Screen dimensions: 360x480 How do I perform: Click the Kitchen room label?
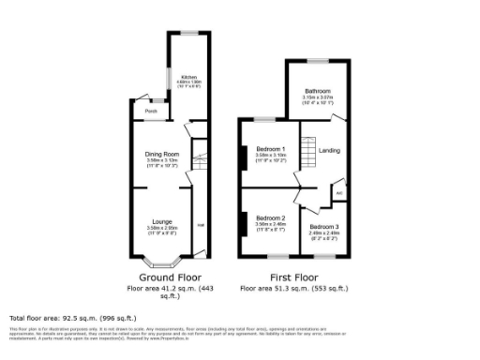(x=189, y=77)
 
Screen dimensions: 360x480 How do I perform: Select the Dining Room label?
(x=161, y=154)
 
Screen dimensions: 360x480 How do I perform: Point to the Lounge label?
(x=161, y=221)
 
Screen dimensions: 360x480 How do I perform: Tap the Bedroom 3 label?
(x=324, y=227)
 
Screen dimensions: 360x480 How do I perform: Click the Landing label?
(x=329, y=151)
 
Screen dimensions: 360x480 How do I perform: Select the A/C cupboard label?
(x=339, y=194)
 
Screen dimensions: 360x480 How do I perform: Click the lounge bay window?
(x=161, y=263)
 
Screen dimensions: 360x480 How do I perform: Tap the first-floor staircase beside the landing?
(x=307, y=152)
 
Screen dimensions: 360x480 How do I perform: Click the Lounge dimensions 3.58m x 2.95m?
(x=161, y=228)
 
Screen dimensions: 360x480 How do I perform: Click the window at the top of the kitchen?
(x=188, y=34)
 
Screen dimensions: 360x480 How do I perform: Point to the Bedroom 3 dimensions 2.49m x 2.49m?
(x=324, y=233)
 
